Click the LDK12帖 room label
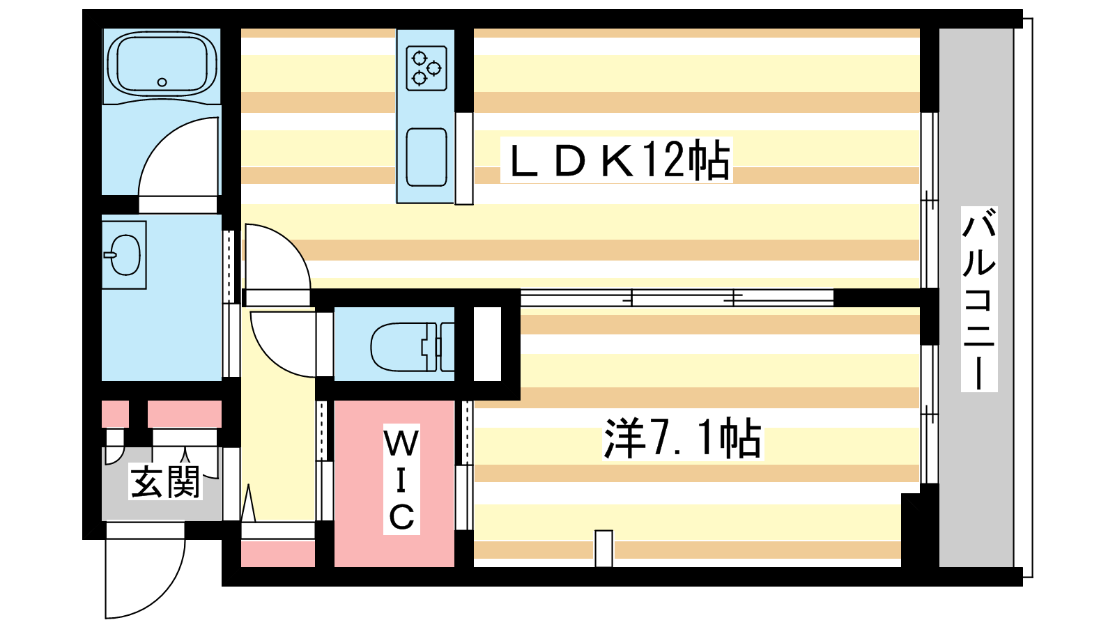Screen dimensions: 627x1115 [x=616, y=160]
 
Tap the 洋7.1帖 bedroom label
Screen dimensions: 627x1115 [x=682, y=439]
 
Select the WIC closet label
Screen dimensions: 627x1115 [x=401, y=480]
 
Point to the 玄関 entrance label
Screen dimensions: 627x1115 [x=166, y=482]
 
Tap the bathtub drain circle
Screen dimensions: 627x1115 [x=162, y=82]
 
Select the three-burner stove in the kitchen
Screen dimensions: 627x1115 [x=426, y=68]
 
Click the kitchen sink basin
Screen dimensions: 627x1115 [x=426, y=157]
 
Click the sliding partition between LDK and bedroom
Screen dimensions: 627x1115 [x=676, y=298]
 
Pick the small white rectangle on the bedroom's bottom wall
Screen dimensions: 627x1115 [x=603, y=548]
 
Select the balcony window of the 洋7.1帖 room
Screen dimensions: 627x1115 [x=928, y=414]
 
